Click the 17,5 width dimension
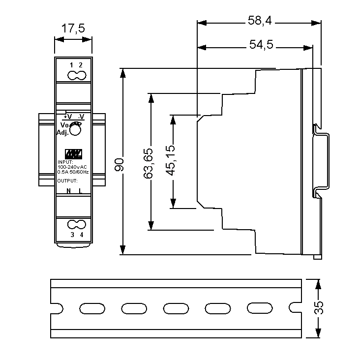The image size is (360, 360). (x=73, y=29)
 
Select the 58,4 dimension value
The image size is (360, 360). (x=260, y=21)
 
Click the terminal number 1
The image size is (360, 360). (x=71, y=65)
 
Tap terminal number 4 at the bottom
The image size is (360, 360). (x=81, y=235)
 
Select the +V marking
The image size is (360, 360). (x=67, y=117)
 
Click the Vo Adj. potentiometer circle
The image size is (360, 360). (x=75, y=130)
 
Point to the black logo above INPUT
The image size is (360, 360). (x=73, y=153)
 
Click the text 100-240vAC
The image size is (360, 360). (x=72, y=167)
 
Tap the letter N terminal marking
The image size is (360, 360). (x=68, y=191)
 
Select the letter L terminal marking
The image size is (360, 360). (x=80, y=191)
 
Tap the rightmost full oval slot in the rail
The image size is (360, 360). (x=257, y=308)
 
